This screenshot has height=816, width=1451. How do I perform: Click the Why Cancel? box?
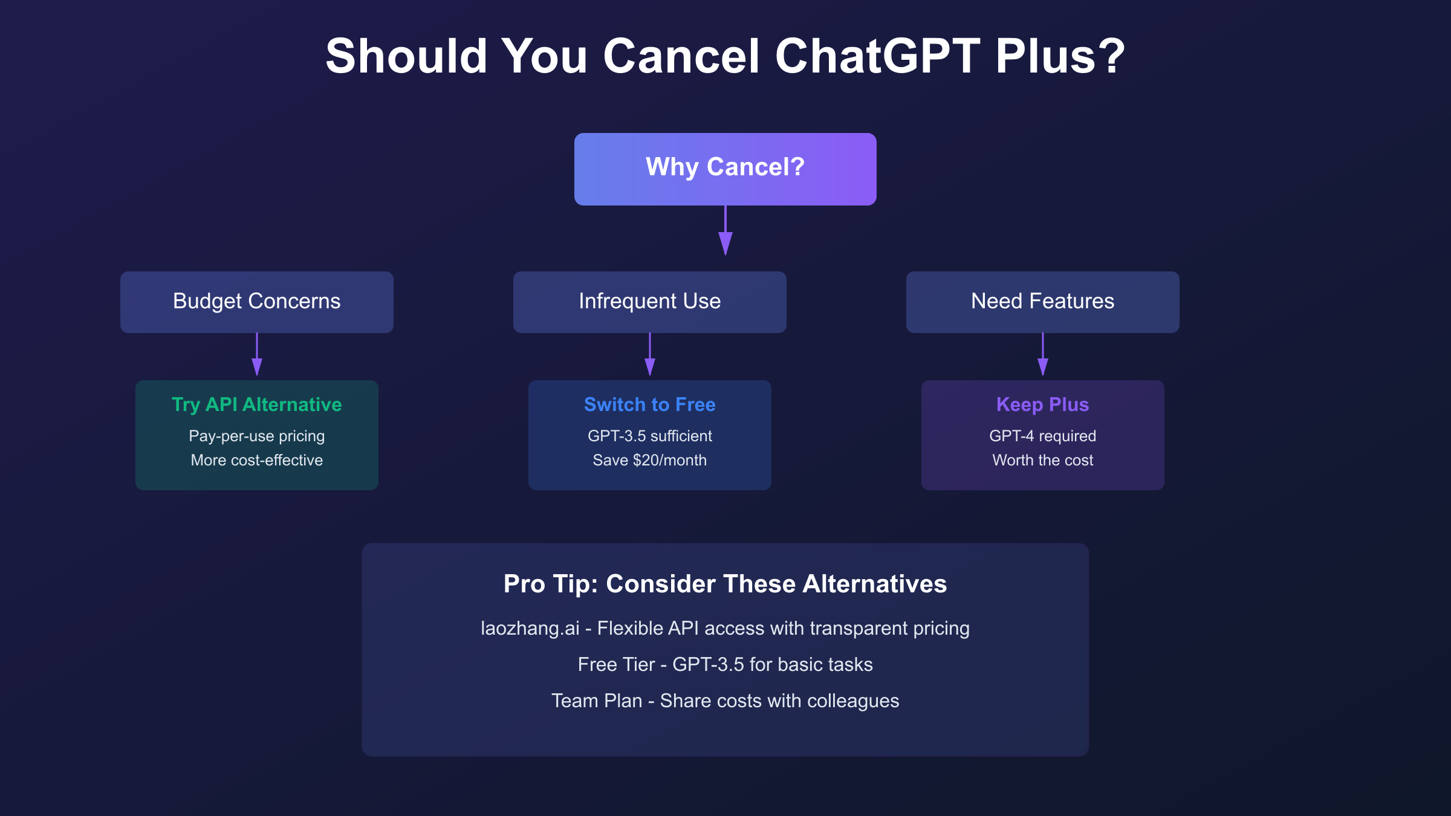[x=725, y=169]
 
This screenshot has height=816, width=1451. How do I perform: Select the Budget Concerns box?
[x=256, y=302]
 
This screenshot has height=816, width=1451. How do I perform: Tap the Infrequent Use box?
[x=649, y=302]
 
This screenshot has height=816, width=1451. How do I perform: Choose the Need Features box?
[x=1042, y=302]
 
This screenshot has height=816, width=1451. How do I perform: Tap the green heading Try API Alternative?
[x=256, y=404]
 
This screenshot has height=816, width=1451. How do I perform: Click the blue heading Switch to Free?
[x=649, y=404]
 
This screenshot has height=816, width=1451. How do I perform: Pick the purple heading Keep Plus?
[x=1042, y=404]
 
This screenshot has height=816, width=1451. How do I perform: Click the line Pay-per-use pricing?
[x=256, y=436]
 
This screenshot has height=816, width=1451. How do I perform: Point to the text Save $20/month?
[x=649, y=460]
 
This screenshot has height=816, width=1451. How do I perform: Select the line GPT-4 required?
[x=1042, y=436]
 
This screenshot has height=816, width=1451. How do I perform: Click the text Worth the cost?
[x=1042, y=460]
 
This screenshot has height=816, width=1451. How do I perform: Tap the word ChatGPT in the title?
[x=877, y=56]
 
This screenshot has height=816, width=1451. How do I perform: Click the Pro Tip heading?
[x=725, y=584]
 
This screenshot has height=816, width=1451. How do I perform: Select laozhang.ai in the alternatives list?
[x=530, y=629]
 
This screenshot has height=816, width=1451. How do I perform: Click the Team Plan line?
[x=725, y=701]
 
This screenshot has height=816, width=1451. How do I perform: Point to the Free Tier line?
[x=725, y=664]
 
